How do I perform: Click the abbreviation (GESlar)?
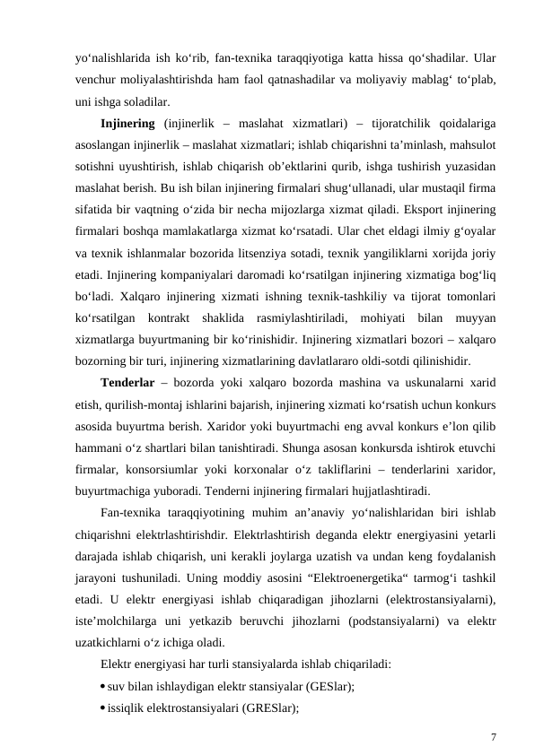329,685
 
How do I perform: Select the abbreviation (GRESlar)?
267,707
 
